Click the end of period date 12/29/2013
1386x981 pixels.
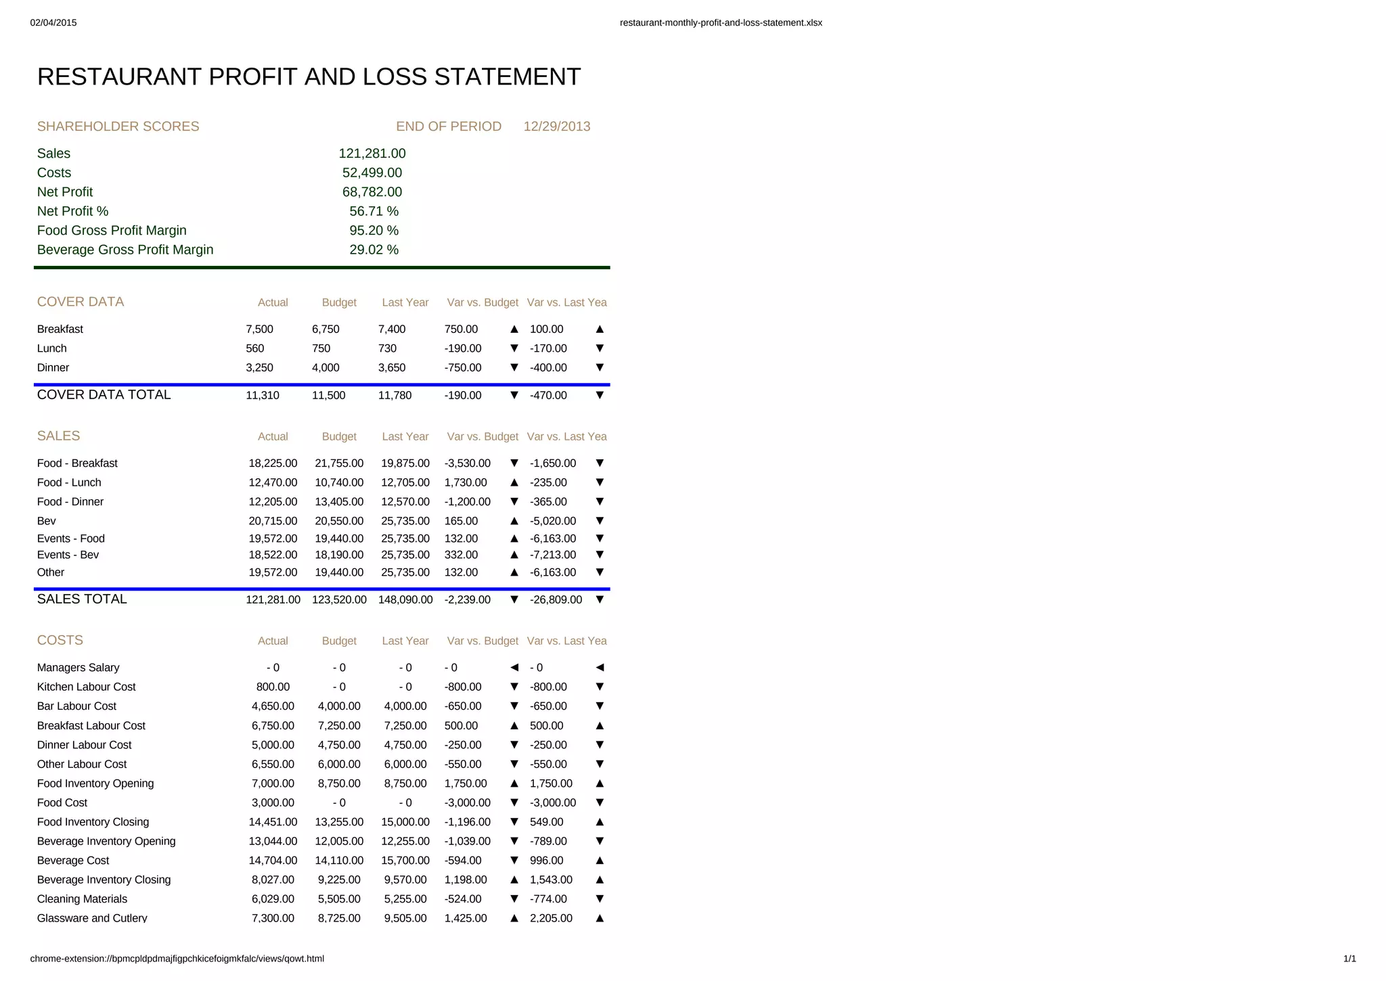click(556, 127)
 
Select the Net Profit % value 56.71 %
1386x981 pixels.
click(374, 211)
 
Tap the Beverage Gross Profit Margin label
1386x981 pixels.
click(125, 250)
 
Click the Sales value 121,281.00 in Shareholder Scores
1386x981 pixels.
click(372, 154)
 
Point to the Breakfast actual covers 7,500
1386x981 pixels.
click(259, 329)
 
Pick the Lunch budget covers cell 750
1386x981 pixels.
click(321, 348)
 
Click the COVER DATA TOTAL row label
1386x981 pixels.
click(104, 395)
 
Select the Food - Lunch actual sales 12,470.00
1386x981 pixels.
click(273, 482)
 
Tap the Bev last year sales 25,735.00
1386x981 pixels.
click(405, 521)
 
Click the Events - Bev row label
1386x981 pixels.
click(68, 555)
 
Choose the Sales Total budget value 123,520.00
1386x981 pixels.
click(339, 599)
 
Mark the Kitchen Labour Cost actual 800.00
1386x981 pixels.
click(273, 687)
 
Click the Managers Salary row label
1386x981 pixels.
click(78, 668)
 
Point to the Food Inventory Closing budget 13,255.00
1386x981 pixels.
click(339, 822)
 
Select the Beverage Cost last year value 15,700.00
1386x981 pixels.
click(405, 861)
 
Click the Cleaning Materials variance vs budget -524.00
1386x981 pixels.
click(463, 899)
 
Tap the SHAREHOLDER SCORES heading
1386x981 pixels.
click(118, 127)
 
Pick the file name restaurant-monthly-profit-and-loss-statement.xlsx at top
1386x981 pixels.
click(721, 23)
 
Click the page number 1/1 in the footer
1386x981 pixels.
click(1349, 959)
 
